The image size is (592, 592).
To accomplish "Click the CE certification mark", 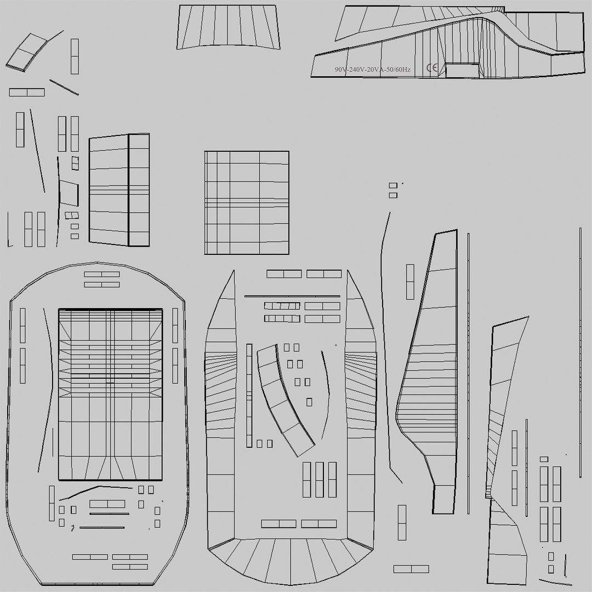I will (x=432, y=69).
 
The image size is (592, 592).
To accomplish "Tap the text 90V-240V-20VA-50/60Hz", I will (x=372, y=70).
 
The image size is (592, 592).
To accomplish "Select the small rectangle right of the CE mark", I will (x=462, y=70).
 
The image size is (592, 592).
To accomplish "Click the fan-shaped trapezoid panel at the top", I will (x=229, y=27).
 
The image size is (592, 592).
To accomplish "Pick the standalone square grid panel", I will (x=247, y=202).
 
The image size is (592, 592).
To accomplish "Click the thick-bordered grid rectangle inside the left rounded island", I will (x=111, y=394).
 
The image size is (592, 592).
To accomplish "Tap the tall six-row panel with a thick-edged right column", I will (x=119, y=190).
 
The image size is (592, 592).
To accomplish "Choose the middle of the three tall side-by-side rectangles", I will (x=320, y=479).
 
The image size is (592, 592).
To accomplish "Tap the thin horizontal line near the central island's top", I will (x=292, y=297).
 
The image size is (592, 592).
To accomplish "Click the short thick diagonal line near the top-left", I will (x=64, y=87).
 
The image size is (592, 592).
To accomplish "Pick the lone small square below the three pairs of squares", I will (x=309, y=402).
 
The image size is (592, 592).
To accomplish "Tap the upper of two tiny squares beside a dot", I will (x=393, y=186).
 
